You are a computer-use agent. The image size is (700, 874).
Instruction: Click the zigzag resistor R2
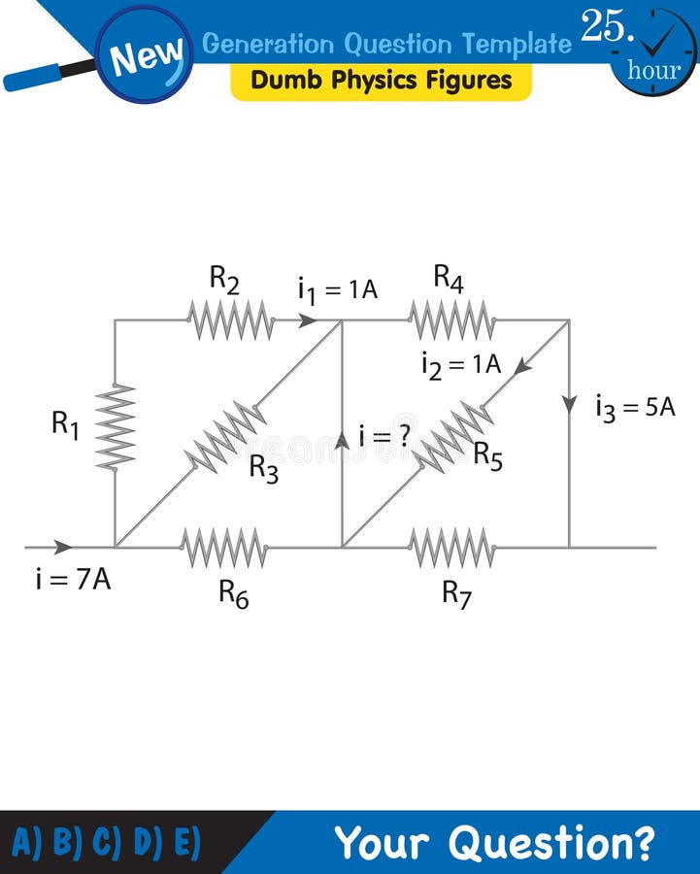[x=230, y=319]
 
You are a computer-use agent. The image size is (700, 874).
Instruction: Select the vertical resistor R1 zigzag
[x=115, y=427]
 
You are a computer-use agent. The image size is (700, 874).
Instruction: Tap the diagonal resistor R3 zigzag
[x=226, y=436]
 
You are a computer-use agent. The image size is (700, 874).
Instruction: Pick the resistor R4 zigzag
[x=451, y=319]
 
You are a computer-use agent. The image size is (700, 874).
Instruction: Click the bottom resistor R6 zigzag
[x=224, y=548]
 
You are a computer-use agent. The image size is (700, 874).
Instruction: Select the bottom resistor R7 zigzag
[x=451, y=548]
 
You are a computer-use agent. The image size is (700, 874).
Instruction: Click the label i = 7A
[x=73, y=582]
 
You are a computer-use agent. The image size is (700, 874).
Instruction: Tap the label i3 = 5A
[x=635, y=407]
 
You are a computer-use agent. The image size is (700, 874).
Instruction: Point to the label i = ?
[x=384, y=436]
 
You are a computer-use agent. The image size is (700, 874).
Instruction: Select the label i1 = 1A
[x=337, y=289]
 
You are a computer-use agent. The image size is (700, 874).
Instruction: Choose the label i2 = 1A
[x=461, y=364]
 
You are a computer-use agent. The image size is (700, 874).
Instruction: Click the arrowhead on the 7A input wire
[x=63, y=547]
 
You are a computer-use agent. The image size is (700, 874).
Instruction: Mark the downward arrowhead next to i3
[x=569, y=404]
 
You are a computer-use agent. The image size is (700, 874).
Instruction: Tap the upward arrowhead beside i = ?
[x=342, y=440]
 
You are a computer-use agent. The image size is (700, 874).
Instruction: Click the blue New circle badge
[x=145, y=55]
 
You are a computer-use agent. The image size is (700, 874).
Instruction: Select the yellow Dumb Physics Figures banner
[x=381, y=81]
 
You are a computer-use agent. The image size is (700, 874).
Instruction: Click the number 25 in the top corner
[x=606, y=26]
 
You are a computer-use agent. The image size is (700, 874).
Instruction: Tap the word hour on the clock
[x=653, y=70]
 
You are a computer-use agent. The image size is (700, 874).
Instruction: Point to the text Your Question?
[x=494, y=842]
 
